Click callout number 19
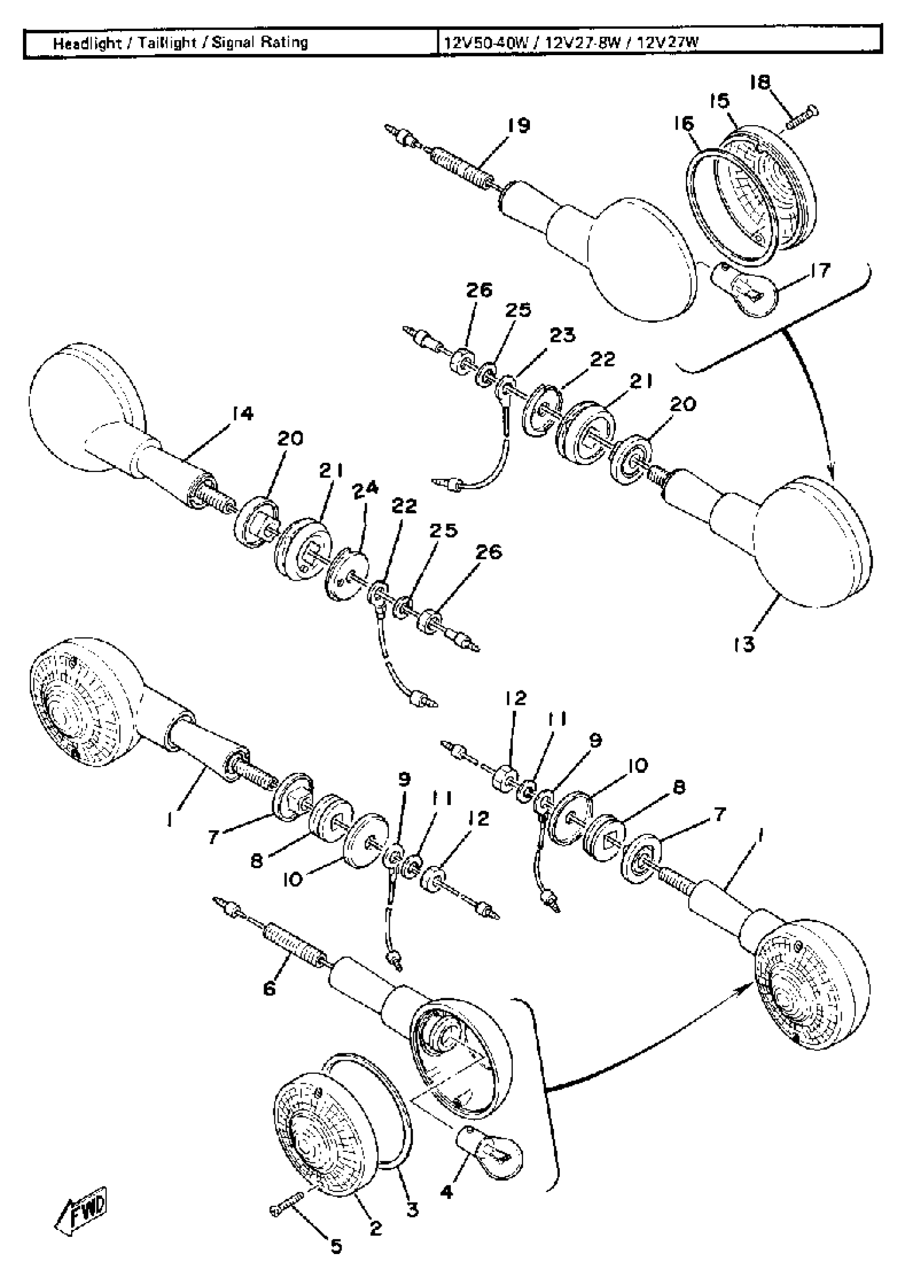pyautogui.click(x=518, y=125)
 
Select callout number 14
pyautogui.click(x=242, y=414)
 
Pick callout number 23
pyautogui.click(x=562, y=335)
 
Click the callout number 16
pyautogui.click(x=683, y=123)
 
